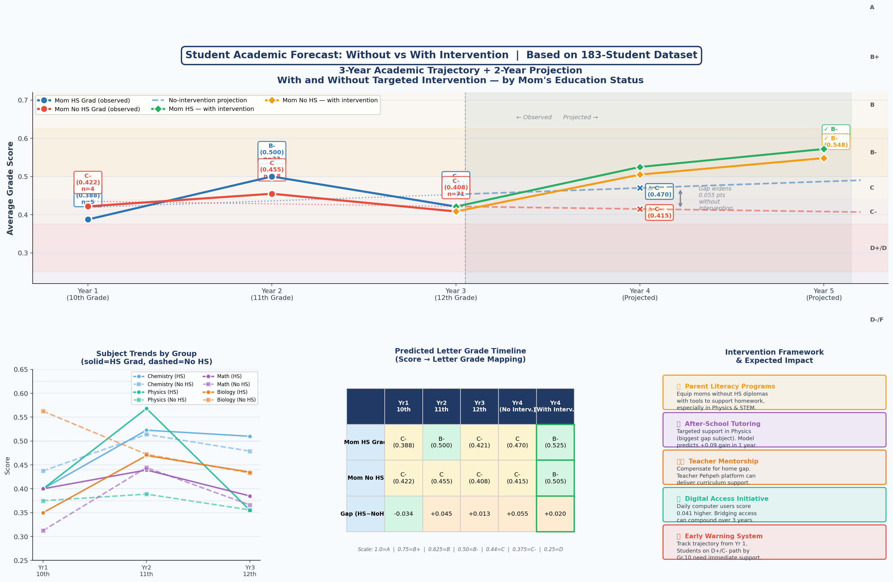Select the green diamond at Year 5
pyautogui.click(x=823, y=149)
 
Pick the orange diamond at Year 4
pyautogui.click(x=640, y=174)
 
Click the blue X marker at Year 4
pyautogui.click(x=640, y=188)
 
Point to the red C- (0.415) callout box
pyautogui.click(x=659, y=213)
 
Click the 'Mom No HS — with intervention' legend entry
pyautogui.click(x=329, y=100)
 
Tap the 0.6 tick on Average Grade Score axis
pyautogui.click(x=23, y=139)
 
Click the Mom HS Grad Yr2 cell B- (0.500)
pyautogui.click(x=441, y=442)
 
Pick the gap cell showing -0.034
pyautogui.click(x=403, y=514)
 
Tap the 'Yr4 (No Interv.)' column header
pyautogui.click(x=517, y=406)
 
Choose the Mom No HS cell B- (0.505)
pyautogui.click(x=555, y=478)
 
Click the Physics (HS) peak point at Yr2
pyautogui.click(x=146, y=408)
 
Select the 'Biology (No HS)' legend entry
pyautogui.click(x=236, y=400)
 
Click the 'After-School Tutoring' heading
pyautogui.click(x=722, y=424)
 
